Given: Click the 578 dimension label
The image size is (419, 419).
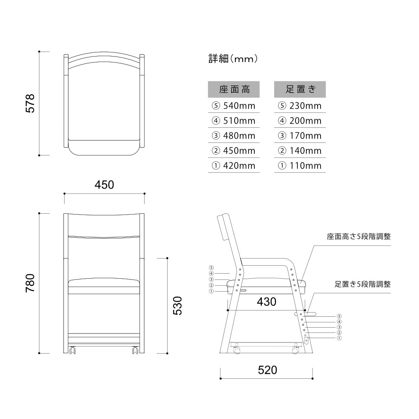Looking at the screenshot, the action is point(30,103).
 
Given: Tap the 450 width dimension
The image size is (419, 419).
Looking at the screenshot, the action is point(104,185).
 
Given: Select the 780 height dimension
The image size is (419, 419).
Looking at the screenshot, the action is point(30,283).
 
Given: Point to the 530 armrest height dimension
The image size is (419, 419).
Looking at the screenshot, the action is point(177,306).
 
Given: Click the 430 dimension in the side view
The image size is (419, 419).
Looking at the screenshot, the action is point(266,302).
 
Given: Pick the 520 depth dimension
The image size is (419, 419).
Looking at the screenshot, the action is point(267,370).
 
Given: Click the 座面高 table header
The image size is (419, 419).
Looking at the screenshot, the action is point(234,89).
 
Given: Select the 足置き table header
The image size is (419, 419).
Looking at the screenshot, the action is point(300,89).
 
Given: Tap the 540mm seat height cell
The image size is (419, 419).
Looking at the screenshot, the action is point(234,106).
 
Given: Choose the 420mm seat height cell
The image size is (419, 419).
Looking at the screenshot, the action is point(234,166).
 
